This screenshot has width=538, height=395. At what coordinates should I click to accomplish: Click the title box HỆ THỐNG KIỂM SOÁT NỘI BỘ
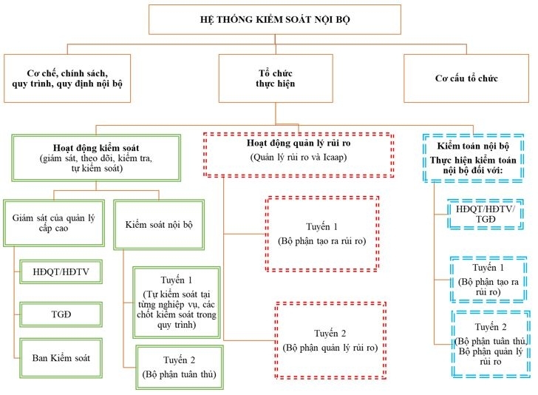coord(276,19)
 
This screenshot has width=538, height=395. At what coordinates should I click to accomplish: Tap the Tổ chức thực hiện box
coord(275,78)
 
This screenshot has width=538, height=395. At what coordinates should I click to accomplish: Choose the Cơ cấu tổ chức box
coord(467,78)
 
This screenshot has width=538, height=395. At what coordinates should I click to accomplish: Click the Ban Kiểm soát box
coord(58,358)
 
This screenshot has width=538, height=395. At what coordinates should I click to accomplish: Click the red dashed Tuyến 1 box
coord(321,232)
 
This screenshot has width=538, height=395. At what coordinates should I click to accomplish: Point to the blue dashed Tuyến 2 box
coord(491,344)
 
